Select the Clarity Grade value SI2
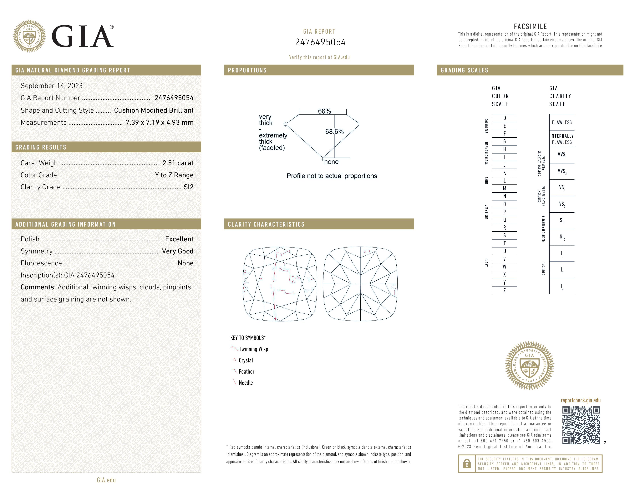click(x=188, y=187)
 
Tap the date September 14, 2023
click(x=51, y=86)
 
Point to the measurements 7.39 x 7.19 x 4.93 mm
click(x=159, y=123)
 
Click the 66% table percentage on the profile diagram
click(x=324, y=111)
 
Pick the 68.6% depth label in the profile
click(x=334, y=131)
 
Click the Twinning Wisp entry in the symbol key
click(x=253, y=349)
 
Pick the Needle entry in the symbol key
click(x=246, y=383)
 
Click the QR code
click(x=581, y=425)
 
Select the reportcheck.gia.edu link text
click(x=581, y=400)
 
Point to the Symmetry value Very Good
click(x=178, y=251)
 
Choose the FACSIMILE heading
click(x=530, y=26)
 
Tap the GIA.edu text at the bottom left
click(x=106, y=480)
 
